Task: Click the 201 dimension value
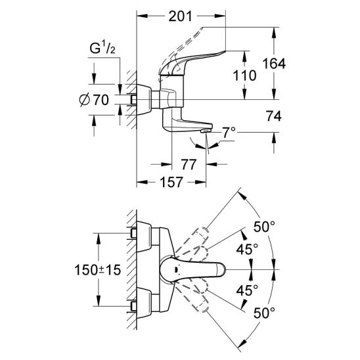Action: (180, 16)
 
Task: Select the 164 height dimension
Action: (274, 64)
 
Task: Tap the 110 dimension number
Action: (244, 76)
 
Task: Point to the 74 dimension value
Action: (274, 116)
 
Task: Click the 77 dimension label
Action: (189, 164)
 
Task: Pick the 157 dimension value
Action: (171, 182)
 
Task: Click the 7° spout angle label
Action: (229, 133)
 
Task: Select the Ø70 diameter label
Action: (94, 100)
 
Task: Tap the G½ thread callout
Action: (102, 48)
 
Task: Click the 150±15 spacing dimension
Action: (98, 270)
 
